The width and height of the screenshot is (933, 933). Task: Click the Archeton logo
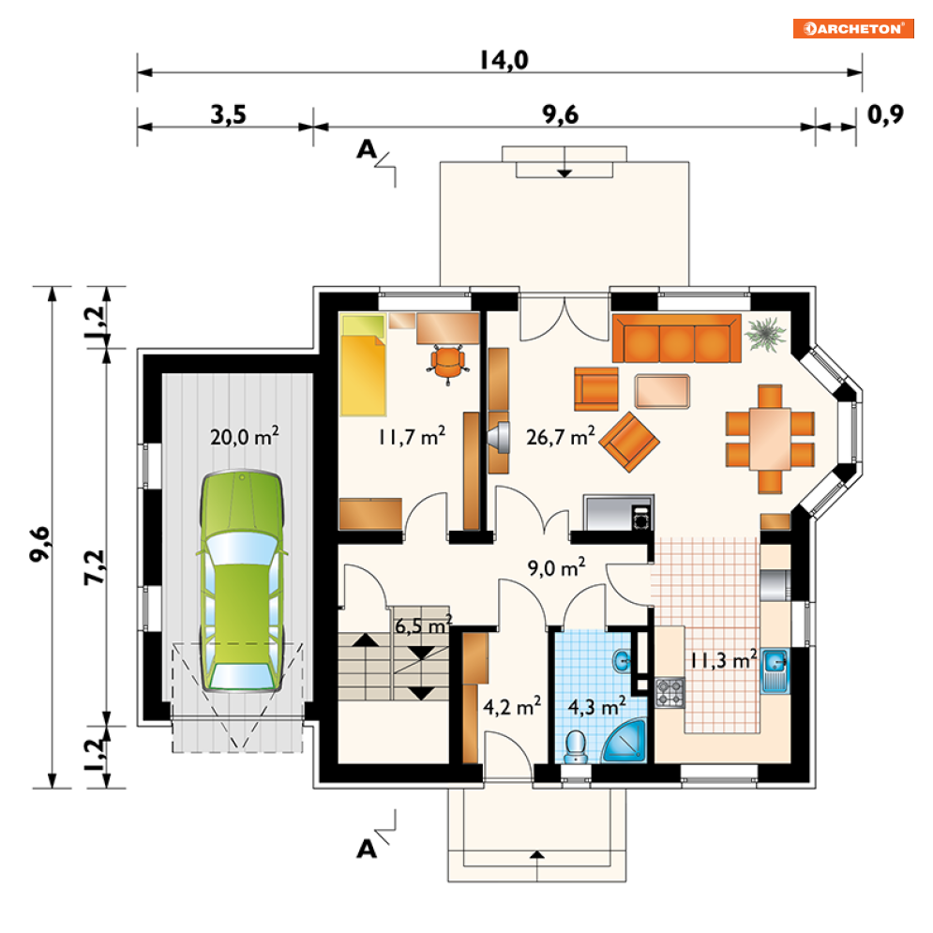click(x=852, y=28)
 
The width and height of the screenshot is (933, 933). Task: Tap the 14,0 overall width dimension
click(x=504, y=60)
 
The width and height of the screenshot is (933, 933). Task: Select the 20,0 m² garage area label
click(x=245, y=437)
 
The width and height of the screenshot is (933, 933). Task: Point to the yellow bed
click(x=363, y=365)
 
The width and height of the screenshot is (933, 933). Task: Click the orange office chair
click(x=448, y=364)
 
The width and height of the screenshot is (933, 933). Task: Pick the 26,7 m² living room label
click(x=561, y=437)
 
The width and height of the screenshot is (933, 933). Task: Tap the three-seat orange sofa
click(x=677, y=339)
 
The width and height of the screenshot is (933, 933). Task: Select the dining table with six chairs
click(x=770, y=439)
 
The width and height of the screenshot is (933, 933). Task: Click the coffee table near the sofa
click(x=662, y=391)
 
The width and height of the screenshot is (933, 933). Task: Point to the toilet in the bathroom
click(x=576, y=747)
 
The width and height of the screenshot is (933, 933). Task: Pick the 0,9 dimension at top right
click(x=885, y=114)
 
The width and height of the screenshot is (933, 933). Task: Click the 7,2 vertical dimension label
click(x=95, y=567)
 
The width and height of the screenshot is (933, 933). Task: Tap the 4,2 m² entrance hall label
click(x=512, y=707)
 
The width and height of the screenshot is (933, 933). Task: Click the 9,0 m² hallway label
click(x=556, y=567)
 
